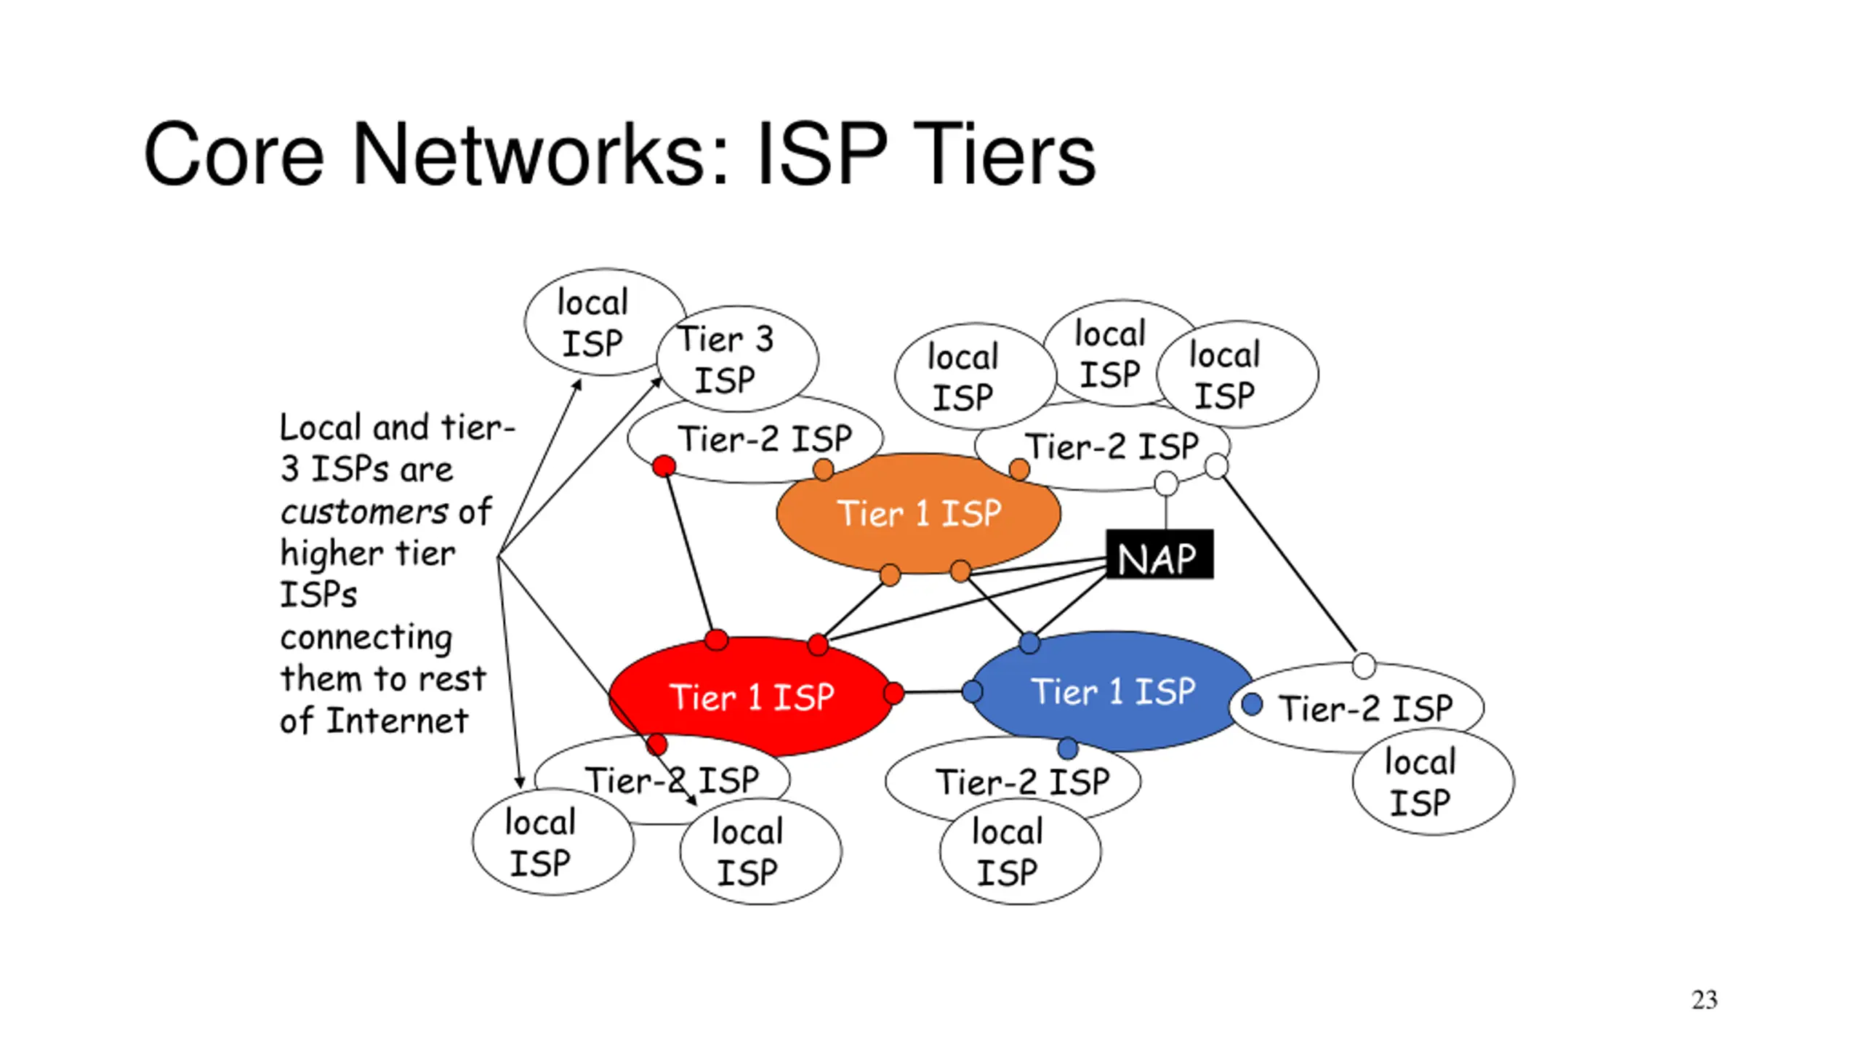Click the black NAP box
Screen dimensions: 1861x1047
pos(1159,554)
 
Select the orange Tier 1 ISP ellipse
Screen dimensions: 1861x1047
pos(918,513)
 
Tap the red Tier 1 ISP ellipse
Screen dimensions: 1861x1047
pos(751,697)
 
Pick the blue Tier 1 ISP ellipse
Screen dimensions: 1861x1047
pos(1113,691)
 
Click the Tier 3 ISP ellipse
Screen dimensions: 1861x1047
pos(737,358)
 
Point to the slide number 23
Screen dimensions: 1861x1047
pos(1704,1000)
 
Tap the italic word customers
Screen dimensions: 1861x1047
pos(364,512)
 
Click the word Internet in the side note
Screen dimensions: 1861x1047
pos(397,721)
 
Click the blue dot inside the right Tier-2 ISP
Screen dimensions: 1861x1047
pos(1252,704)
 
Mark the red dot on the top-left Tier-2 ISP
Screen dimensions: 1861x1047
pos(663,466)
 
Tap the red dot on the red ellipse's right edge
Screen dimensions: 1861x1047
pos(894,693)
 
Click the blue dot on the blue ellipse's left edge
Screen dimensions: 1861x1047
pos(972,691)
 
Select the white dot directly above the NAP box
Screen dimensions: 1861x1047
pos(1166,483)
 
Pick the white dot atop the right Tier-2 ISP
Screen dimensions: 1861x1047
pos(1364,665)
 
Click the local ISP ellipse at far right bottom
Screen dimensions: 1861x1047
pos(1434,782)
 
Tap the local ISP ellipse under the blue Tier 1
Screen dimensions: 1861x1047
pos(1021,851)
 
